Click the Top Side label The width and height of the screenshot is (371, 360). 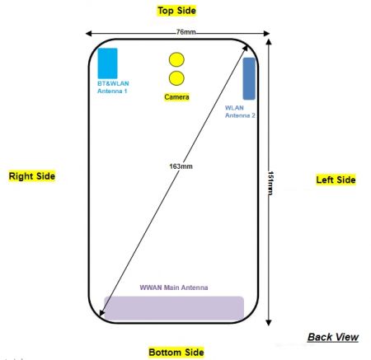pos(177,11)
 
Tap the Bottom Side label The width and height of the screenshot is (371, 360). pos(176,352)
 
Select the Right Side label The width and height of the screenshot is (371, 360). pos(32,176)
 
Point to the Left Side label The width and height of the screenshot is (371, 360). pos(336,180)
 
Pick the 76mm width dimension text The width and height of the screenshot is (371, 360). pos(185,32)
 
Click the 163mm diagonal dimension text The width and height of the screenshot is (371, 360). pos(181,166)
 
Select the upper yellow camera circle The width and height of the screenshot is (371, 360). pos(176,60)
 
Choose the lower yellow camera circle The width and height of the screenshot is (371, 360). pos(176,79)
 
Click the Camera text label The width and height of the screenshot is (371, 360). pos(176,97)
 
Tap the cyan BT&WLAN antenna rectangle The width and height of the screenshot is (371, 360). pos(107,63)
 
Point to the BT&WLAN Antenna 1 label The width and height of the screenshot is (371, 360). pos(112,86)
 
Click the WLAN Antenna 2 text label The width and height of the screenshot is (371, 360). pos(240,112)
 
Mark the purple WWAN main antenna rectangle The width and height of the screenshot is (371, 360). pos(172,307)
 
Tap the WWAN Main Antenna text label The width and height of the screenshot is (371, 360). pos(173,288)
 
